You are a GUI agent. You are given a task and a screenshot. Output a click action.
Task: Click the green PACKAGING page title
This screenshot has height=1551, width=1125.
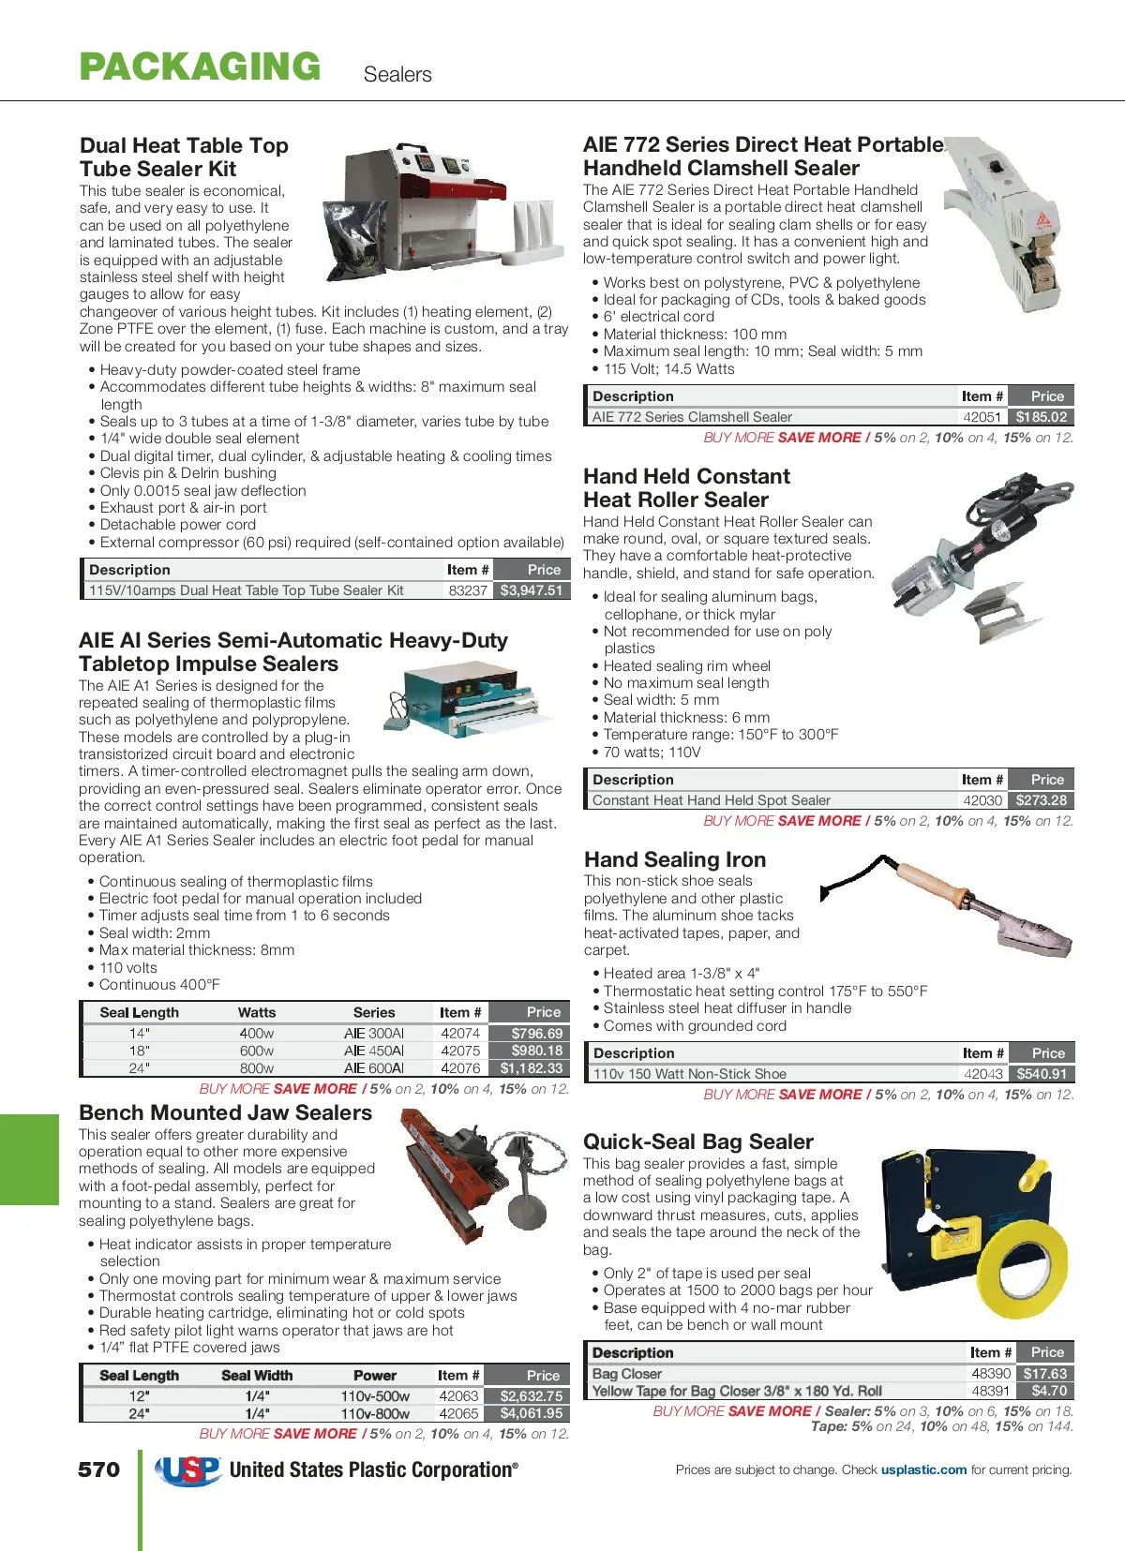200,67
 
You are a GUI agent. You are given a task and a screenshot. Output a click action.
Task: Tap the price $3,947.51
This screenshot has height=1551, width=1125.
532,590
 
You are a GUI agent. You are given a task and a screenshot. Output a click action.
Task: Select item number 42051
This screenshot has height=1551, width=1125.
982,417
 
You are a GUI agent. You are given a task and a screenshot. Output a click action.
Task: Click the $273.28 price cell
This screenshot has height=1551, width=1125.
1041,800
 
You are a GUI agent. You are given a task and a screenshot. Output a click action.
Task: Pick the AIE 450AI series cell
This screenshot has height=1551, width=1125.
373,1051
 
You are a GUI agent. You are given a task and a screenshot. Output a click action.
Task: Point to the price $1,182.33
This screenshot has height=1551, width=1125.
532,1067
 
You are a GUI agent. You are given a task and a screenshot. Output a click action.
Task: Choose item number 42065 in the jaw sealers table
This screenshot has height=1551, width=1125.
458,1413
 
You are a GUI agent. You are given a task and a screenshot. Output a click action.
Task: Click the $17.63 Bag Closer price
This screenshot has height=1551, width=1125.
1044,1373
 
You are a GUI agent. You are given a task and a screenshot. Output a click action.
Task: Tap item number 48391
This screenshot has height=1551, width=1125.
990,1391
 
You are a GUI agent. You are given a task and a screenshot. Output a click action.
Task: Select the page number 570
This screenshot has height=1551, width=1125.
98,1469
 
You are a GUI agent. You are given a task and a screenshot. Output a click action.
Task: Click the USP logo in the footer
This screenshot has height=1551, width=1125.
188,1470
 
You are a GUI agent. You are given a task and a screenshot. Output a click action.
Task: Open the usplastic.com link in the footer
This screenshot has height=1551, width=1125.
923,1469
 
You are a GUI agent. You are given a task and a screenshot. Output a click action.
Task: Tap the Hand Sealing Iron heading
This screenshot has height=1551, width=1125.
675,859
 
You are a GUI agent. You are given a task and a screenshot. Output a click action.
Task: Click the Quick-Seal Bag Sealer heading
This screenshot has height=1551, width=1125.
698,1141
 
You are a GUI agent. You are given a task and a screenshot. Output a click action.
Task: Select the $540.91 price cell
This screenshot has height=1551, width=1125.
1042,1074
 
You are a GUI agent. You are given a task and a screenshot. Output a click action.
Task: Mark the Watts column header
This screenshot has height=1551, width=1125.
257,1012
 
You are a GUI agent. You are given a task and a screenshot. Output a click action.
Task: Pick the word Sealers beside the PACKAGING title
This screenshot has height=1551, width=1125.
397,75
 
